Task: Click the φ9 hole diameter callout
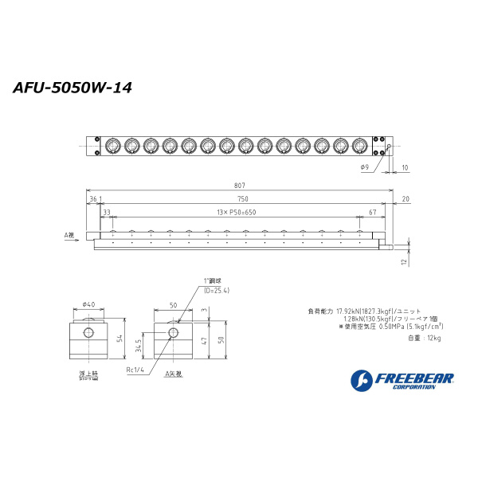tap(364, 167)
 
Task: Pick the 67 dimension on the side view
tap(373, 213)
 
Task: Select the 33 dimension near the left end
tap(106, 213)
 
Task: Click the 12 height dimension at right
tap(404, 261)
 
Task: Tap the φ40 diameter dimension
tap(88, 304)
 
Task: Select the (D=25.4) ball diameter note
tap(216, 291)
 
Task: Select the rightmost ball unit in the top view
tap(360, 146)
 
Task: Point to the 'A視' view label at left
tap(69, 236)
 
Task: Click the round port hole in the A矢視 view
tap(174, 331)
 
